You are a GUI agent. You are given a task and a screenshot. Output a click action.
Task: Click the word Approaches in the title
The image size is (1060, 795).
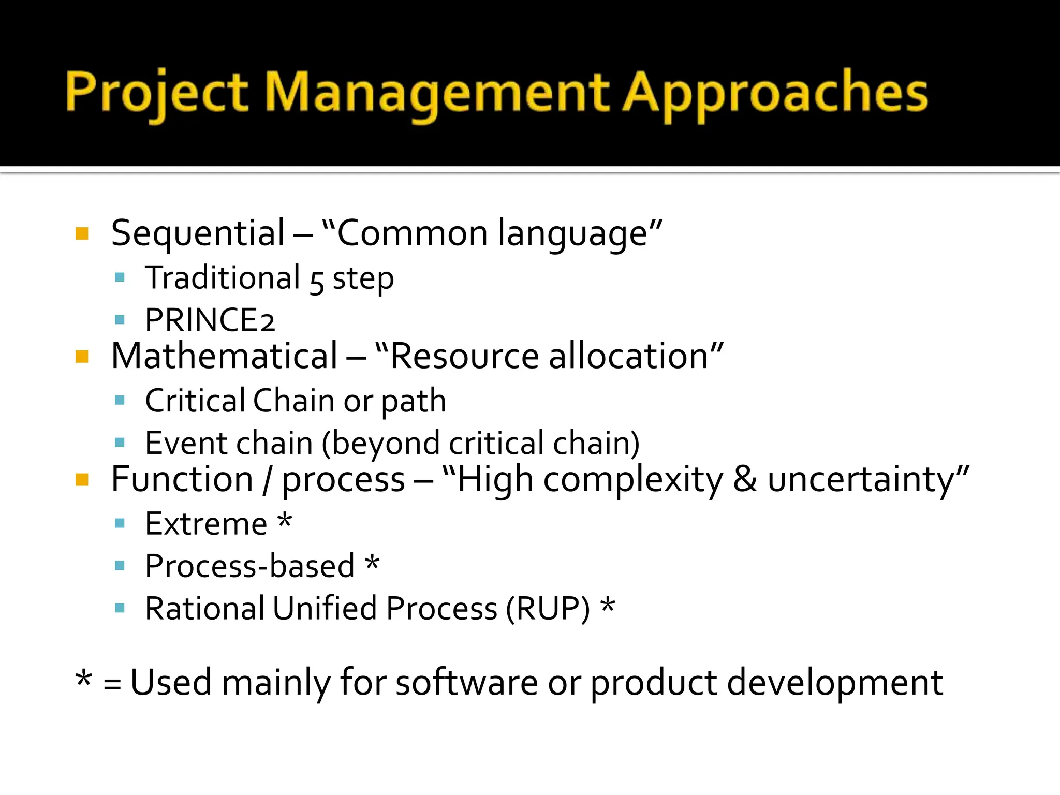775,93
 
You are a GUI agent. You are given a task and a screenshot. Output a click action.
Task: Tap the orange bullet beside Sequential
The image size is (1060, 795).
82,233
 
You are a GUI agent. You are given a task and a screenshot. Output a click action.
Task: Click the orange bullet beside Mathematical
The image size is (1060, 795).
82,357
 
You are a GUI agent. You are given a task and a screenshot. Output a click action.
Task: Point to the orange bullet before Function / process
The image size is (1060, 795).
82,480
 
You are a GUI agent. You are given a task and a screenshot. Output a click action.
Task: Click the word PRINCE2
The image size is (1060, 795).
209,320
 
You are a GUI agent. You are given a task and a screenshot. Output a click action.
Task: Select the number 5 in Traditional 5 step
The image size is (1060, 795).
316,282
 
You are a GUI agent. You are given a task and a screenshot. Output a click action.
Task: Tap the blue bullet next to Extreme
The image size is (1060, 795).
120,523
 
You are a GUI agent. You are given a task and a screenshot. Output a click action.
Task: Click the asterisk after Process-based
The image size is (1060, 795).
372,563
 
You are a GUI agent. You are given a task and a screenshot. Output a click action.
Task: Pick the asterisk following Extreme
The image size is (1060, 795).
285,520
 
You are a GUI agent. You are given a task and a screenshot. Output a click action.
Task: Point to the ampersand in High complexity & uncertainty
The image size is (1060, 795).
744,479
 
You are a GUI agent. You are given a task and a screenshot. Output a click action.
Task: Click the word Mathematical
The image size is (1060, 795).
224,357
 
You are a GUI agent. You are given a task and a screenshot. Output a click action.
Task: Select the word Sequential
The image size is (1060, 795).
198,233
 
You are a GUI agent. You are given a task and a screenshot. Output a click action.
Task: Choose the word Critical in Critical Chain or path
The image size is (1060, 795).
195,401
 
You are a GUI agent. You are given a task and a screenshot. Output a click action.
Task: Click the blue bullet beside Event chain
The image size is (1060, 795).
120,443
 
